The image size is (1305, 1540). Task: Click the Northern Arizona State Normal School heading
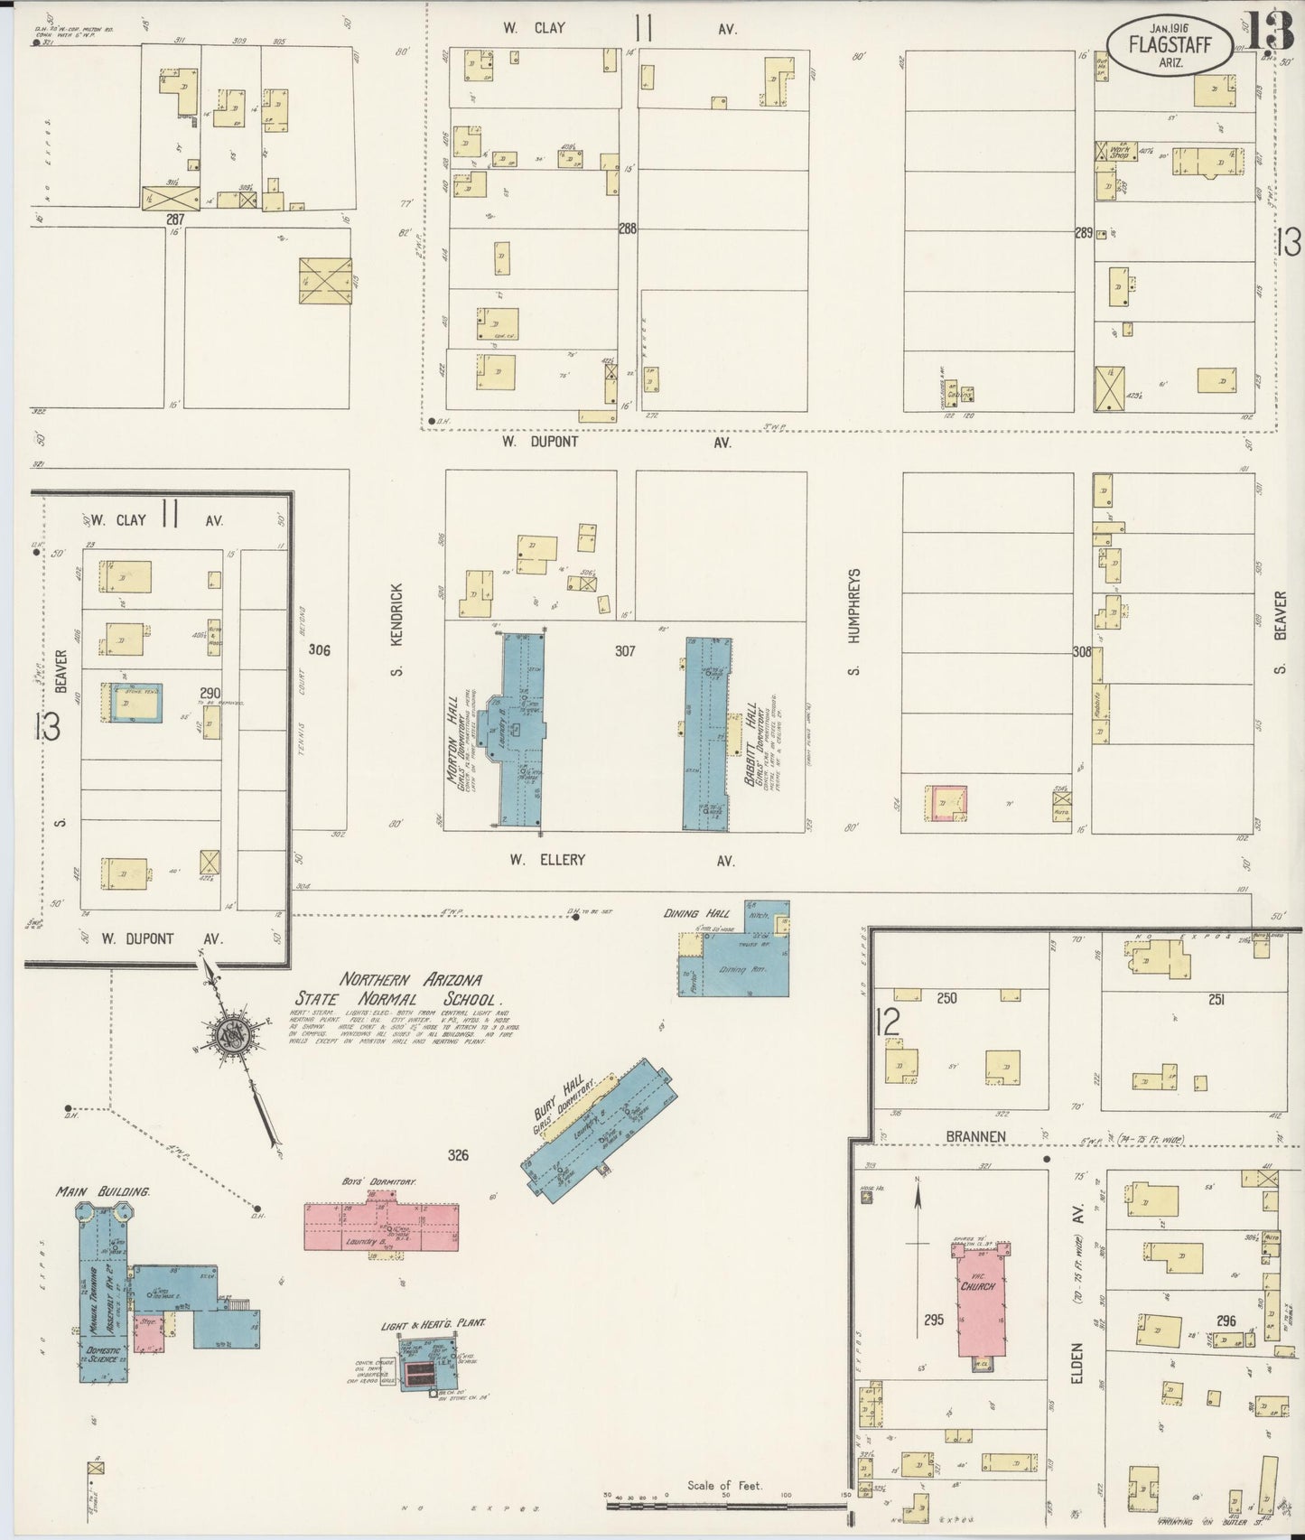click(x=410, y=989)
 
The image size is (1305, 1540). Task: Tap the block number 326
click(x=457, y=1153)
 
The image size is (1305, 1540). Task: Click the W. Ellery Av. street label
click(x=622, y=861)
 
